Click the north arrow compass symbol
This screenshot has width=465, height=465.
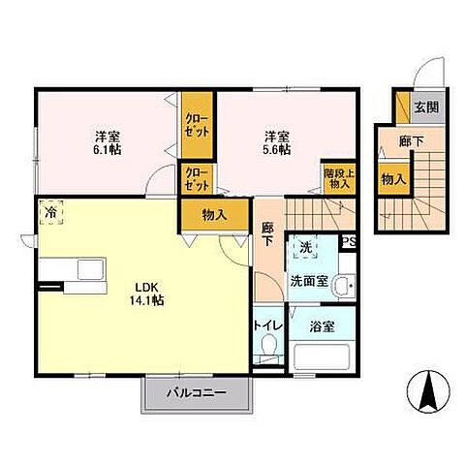click(x=428, y=391)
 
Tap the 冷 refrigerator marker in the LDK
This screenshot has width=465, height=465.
click(x=51, y=212)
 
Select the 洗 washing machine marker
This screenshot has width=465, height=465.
click(x=306, y=247)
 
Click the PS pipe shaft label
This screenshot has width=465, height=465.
click(x=349, y=242)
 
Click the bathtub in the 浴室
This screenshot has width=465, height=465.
click(x=322, y=357)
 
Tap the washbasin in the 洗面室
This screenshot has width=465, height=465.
click(x=345, y=286)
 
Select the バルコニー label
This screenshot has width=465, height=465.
click(x=197, y=393)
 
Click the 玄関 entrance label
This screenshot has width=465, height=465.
click(x=426, y=108)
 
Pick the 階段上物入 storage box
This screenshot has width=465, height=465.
click(x=339, y=177)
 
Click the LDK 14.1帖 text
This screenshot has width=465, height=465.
click(x=146, y=294)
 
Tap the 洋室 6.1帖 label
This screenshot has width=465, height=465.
click(x=108, y=143)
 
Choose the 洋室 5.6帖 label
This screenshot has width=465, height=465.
click(x=277, y=143)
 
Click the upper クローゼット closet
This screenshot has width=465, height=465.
click(x=197, y=125)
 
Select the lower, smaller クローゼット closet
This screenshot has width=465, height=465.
click(x=197, y=178)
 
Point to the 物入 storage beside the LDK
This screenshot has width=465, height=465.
click(x=215, y=215)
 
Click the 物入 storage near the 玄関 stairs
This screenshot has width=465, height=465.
click(x=394, y=179)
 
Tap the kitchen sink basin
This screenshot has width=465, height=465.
click(x=90, y=269)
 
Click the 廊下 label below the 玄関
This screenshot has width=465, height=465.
click(x=411, y=141)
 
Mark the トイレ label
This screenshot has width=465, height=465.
click(x=268, y=325)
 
